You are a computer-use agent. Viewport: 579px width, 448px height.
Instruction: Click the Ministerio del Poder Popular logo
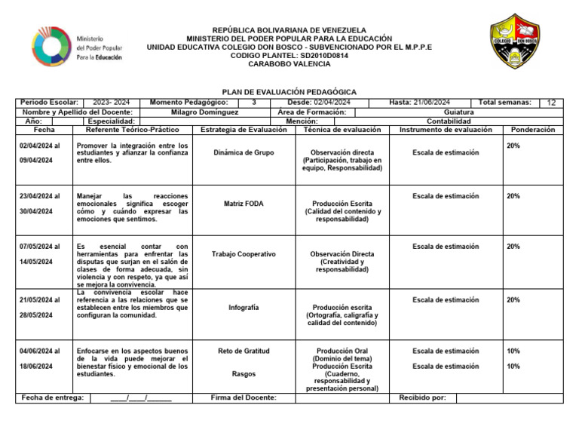point(78,47)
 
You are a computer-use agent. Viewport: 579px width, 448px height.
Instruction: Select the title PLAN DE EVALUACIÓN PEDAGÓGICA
point(289,91)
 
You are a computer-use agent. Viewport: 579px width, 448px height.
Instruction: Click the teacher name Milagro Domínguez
point(204,112)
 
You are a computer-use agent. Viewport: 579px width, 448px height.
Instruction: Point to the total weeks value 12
point(552,103)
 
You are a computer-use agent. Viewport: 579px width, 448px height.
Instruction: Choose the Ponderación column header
point(532,130)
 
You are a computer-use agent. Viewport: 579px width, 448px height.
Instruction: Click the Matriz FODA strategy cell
point(244,204)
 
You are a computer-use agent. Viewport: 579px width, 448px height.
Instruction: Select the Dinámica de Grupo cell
point(244,152)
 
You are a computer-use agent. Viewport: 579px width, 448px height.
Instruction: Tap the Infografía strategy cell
point(244,308)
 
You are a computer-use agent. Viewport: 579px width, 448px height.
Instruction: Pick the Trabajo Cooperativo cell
point(244,254)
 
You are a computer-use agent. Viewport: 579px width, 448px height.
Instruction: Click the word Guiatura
point(459,112)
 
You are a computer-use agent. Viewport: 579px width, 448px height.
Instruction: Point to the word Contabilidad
point(449,121)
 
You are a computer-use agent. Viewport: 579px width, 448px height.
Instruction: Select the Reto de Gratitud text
point(244,351)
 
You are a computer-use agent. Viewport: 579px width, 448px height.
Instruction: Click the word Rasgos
point(244,374)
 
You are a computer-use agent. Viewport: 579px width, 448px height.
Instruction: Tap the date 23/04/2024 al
point(40,196)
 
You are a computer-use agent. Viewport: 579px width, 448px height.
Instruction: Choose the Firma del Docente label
point(244,397)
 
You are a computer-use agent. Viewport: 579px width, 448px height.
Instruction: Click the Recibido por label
point(422,397)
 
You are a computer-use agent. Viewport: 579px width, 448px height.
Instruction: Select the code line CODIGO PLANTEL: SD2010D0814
point(289,55)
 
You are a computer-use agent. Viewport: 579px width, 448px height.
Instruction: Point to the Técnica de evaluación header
point(342,130)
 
